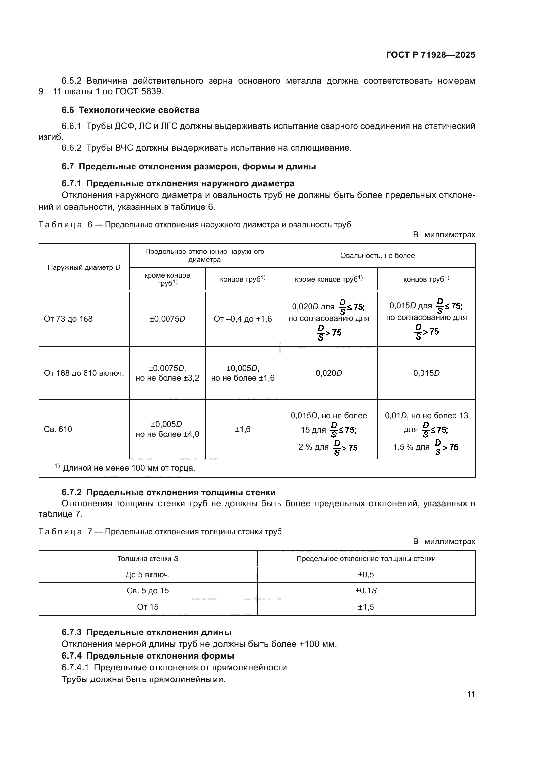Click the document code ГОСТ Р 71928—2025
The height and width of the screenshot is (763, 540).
431,55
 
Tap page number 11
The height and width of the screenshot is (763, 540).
471,694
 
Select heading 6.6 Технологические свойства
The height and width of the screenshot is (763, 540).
130,110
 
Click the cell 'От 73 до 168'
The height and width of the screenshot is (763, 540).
68,319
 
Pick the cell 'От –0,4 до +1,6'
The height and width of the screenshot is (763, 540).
243,319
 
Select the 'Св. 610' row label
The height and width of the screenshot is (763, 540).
58,429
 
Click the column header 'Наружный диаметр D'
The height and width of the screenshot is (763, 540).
84,267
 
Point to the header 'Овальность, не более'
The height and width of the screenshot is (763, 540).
377,255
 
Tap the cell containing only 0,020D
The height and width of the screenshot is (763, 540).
329,373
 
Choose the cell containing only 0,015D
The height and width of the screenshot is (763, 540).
426,373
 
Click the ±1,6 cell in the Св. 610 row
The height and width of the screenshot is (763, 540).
243,429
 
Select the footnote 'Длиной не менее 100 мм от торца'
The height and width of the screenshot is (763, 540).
129,468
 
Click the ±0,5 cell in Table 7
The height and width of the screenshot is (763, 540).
366,574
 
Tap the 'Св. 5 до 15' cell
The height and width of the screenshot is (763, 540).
148,590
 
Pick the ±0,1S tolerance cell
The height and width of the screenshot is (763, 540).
366,590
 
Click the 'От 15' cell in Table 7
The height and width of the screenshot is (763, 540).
148,607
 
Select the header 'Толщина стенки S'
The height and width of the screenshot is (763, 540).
148,558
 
